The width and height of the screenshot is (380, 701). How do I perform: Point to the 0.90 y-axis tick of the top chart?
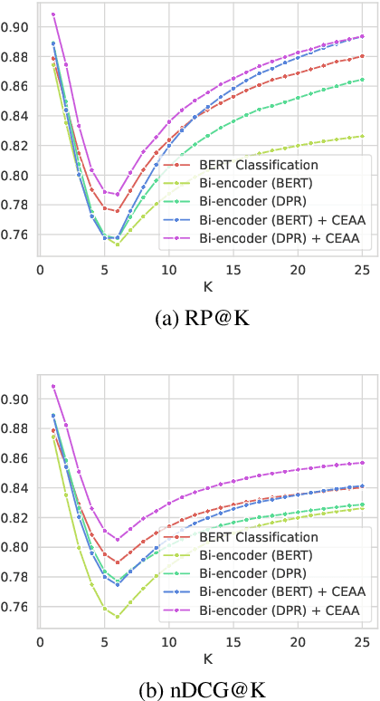point(15,26)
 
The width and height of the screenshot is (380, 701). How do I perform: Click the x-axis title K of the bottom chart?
point(200,657)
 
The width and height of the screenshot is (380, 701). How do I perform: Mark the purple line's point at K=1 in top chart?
point(53,14)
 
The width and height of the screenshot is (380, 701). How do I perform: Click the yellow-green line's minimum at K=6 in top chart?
point(118,245)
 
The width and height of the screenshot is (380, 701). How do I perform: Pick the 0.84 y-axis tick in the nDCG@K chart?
point(15,488)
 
